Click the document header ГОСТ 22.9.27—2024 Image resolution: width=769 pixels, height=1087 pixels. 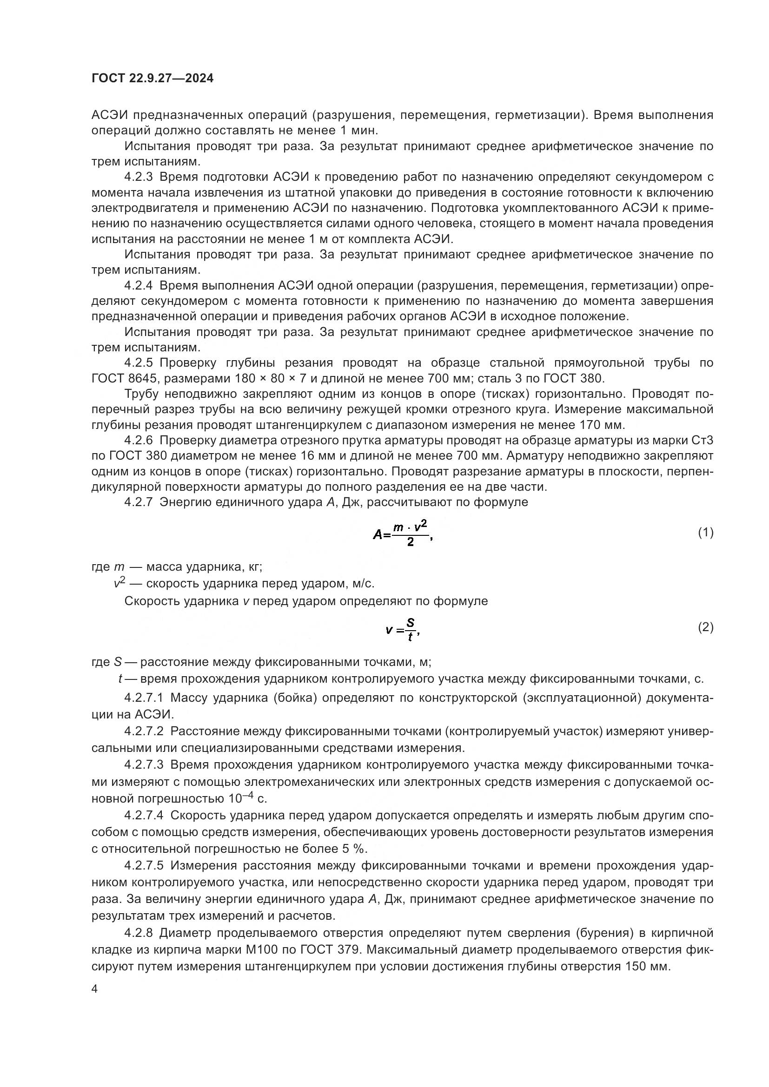click(152, 79)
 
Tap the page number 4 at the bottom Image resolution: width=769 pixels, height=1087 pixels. click(95, 989)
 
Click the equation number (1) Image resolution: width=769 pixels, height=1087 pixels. click(706, 533)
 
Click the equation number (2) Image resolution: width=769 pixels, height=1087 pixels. click(706, 627)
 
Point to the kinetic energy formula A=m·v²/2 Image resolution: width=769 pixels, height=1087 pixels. click(403, 534)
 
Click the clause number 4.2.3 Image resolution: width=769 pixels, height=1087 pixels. click(139, 177)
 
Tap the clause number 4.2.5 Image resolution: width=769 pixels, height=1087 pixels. click(139, 363)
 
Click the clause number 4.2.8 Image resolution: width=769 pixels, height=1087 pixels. click(139, 933)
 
